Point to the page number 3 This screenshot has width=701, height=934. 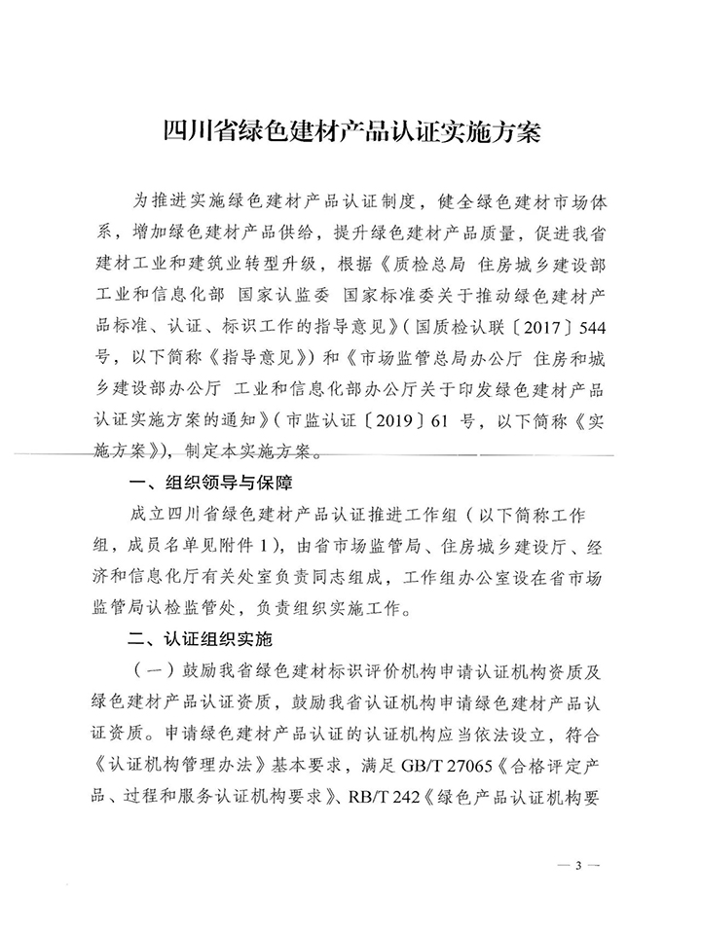click(x=577, y=864)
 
